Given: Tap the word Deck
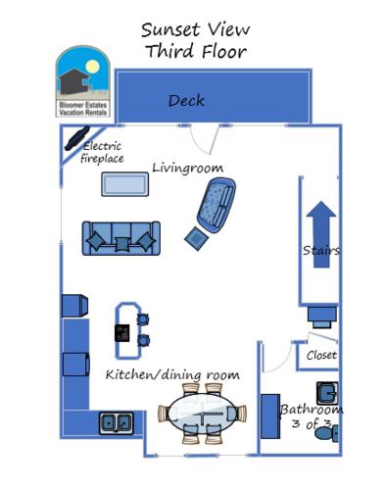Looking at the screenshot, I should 186,101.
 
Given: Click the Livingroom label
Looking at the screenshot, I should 187,168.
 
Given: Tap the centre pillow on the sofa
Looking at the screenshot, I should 121,242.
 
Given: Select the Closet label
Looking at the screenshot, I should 321,355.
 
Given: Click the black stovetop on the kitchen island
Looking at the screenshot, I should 122,332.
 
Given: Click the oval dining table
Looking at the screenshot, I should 200,417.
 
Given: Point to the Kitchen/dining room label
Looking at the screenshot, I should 172,374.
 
